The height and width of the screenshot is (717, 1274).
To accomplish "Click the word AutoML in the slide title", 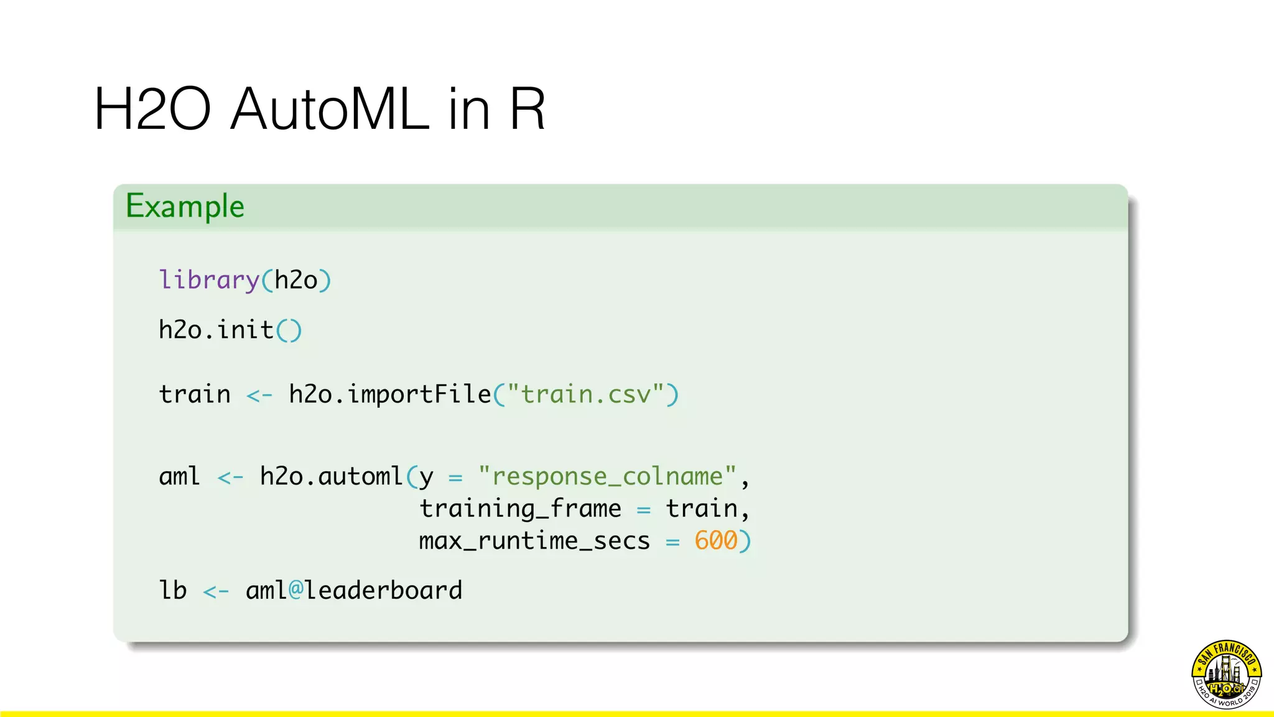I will point(330,109).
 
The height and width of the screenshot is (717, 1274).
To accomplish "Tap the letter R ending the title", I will point(527,109).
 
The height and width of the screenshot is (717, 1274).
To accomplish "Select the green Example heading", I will point(185,206).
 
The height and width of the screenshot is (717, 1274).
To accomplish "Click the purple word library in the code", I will point(208,280).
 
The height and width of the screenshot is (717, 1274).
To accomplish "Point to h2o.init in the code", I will point(216,330).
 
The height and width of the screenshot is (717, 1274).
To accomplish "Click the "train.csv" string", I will point(585,395).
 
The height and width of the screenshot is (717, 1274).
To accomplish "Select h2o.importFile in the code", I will point(390,395).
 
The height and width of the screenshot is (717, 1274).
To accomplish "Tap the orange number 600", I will point(715,540).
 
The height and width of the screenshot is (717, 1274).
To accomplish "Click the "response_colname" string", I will point(607,477).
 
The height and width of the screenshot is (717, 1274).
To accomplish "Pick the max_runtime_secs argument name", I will point(534,540).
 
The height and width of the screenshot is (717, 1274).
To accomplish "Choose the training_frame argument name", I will point(520,508).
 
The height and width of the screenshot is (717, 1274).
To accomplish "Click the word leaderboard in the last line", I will point(383,590).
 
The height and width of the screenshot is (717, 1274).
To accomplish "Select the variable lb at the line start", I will point(172,590).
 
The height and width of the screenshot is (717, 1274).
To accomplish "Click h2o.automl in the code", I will point(331,477).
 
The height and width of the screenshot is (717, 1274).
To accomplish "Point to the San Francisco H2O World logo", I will point(1226,674).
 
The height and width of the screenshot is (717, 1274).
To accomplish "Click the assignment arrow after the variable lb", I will point(216,591).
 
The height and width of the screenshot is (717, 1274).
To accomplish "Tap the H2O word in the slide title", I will point(152,109).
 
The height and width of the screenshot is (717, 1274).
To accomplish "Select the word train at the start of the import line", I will point(194,395).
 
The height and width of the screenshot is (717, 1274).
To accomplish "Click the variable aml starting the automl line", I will point(179,477).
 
